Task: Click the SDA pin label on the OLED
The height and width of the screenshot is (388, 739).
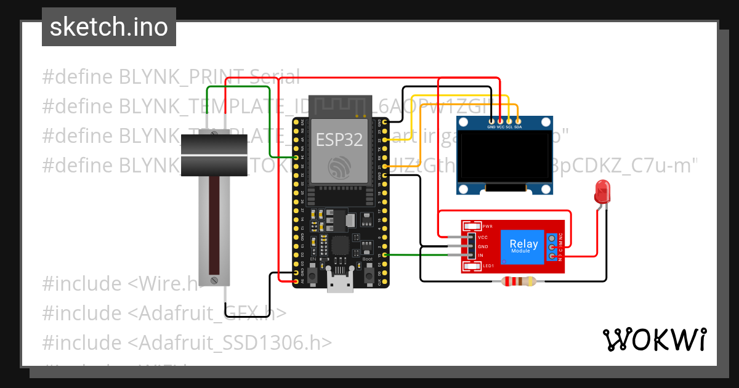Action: click(518, 127)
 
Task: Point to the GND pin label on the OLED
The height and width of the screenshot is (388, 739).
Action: click(491, 127)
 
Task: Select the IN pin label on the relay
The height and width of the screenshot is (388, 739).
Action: click(480, 255)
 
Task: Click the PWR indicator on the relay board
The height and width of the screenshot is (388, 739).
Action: click(487, 227)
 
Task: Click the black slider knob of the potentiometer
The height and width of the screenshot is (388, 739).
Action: click(214, 156)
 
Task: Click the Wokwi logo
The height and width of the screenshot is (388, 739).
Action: click(654, 339)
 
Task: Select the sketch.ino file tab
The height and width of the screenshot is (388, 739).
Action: click(109, 27)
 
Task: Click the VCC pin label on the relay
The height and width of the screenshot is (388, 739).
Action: click(483, 237)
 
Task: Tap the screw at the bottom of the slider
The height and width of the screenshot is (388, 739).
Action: click(214, 280)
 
